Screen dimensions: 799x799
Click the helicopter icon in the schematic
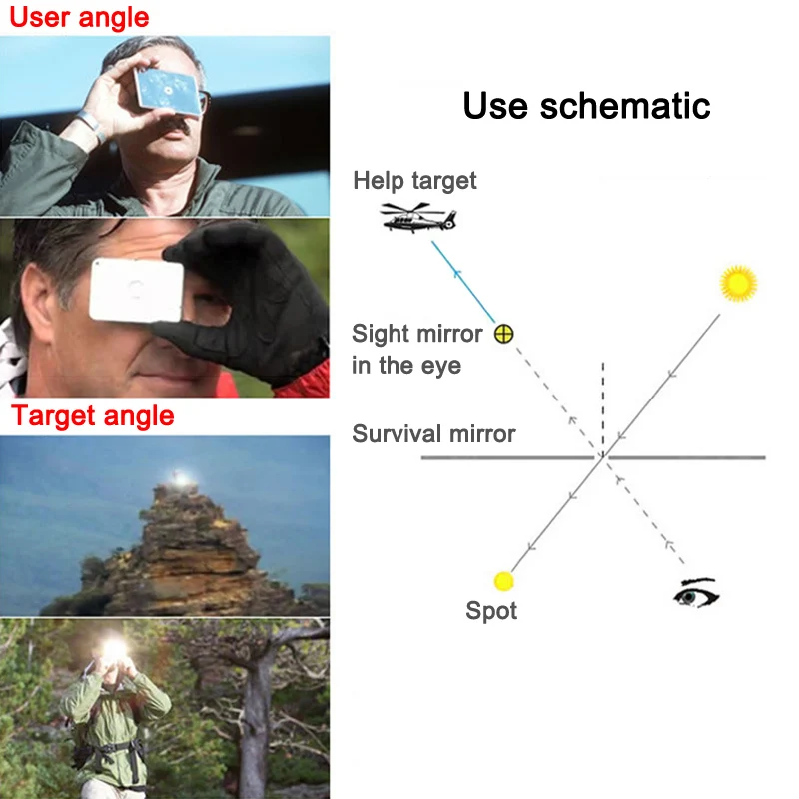click(x=418, y=218)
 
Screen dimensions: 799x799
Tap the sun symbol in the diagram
click(x=738, y=284)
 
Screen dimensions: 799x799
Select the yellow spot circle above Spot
click(x=504, y=581)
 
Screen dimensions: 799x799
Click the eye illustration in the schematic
click(x=695, y=593)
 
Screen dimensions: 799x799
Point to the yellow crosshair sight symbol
click(x=504, y=334)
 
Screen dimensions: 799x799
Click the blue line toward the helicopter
click(x=463, y=282)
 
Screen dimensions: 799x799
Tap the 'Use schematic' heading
click(x=586, y=106)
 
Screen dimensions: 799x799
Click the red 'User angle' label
click(x=80, y=17)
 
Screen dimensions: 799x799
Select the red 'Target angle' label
click(x=93, y=416)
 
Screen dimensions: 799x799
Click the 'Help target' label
click(x=414, y=181)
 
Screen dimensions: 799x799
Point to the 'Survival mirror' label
click(x=433, y=434)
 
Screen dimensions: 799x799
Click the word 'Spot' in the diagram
click(x=491, y=611)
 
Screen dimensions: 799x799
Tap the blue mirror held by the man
click(x=166, y=91)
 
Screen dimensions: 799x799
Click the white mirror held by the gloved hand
click(x=136, y=290)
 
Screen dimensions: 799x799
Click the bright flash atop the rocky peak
click(x=179, y=478)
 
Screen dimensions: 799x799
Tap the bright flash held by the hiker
click(x=114, y=648)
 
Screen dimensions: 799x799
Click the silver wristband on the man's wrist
click(x=92, y=126)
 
